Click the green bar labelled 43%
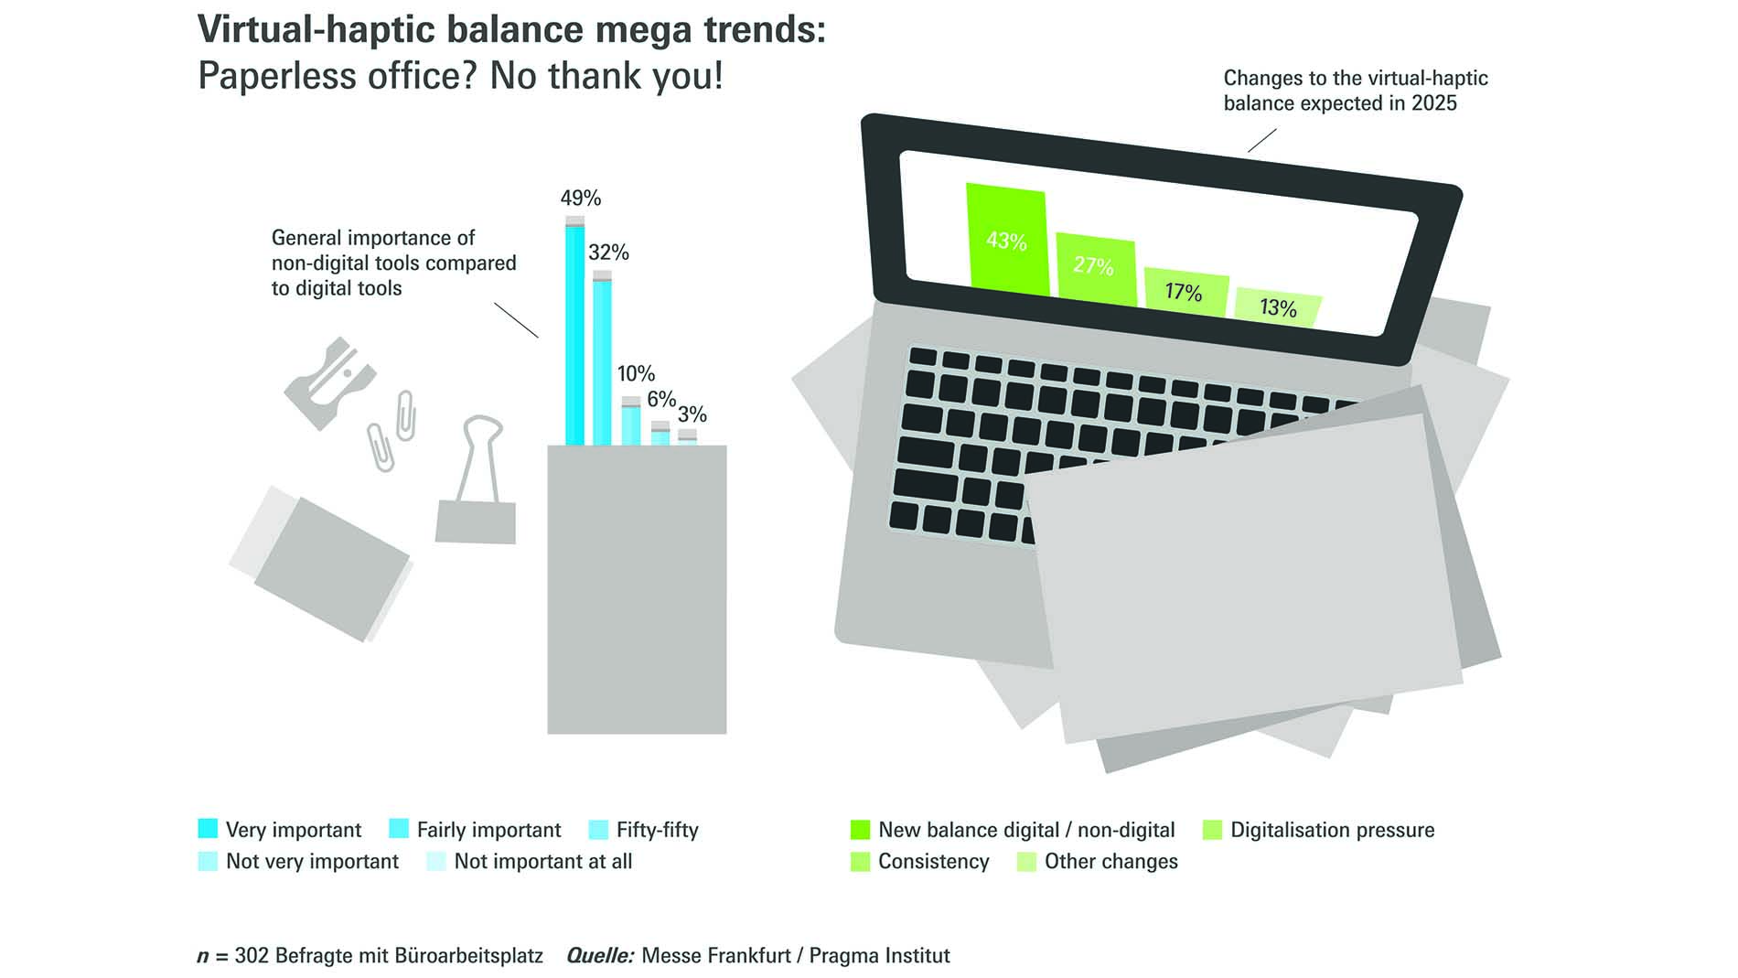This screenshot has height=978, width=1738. (x=1006, y=240)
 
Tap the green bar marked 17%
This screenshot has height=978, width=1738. (x=1186, y=292)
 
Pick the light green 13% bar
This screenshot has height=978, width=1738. (x=1278, y=307)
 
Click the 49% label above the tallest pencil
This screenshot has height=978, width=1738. (x=581, y=199)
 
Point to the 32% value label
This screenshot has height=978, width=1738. (x=608, y=253)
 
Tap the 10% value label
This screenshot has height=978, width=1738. (x=636, y=373)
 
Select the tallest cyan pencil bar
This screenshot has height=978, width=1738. (x=574, y=330)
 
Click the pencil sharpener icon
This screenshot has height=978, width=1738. (x=329, y=382)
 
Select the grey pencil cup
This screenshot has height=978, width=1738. (x=637, y=589)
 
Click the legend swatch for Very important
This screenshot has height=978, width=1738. (x=208, y=829)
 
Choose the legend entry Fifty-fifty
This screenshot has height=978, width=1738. (x=644, y=830)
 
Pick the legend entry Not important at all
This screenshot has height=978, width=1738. (x=530, y=861)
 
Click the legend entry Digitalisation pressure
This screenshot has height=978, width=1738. (x=1318, y=830)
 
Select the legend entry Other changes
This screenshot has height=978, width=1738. (x=1097, y=861)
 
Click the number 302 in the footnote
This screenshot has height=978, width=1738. (x=252, y=956)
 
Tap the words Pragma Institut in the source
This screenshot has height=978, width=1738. (x=880, y=956)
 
